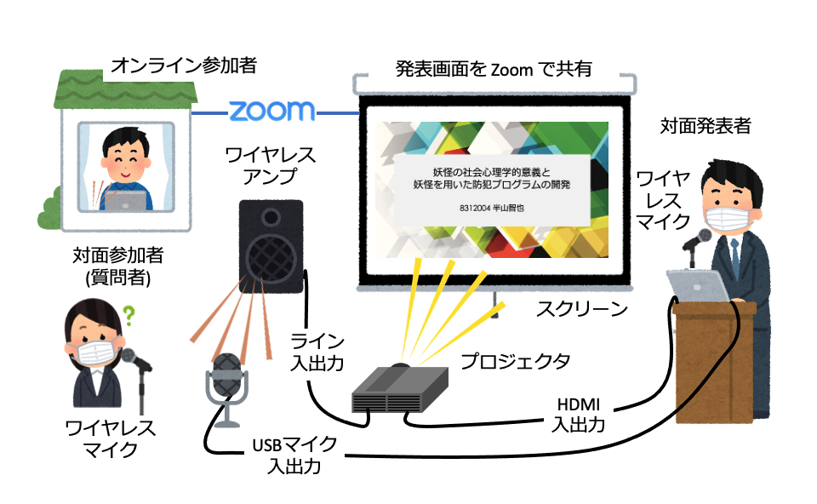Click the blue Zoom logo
272,111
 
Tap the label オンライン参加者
184,65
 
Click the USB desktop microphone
226,387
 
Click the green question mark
129,318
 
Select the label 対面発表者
706,126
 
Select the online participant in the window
124,167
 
